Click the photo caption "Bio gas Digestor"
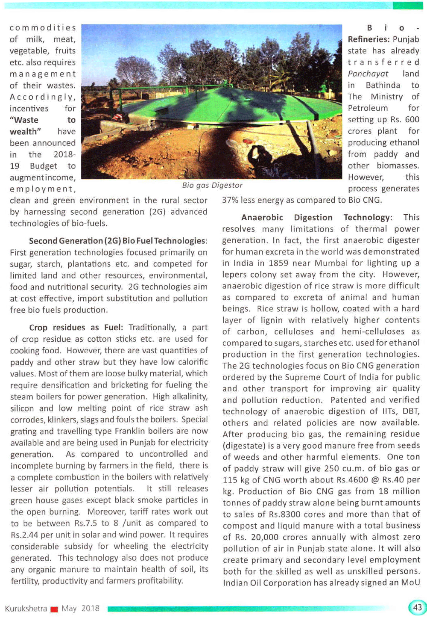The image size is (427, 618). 212,185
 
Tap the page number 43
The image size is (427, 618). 417,607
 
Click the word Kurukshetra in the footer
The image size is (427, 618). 26,608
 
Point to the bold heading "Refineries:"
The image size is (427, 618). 369,39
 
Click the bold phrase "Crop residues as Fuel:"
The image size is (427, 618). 76,328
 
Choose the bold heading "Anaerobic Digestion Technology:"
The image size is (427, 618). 316,218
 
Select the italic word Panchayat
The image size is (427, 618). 368,74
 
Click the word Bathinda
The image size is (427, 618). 383,85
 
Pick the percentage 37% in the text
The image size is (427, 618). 230,200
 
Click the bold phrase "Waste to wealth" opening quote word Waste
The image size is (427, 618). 25,120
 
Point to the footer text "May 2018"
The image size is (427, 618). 80,608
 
